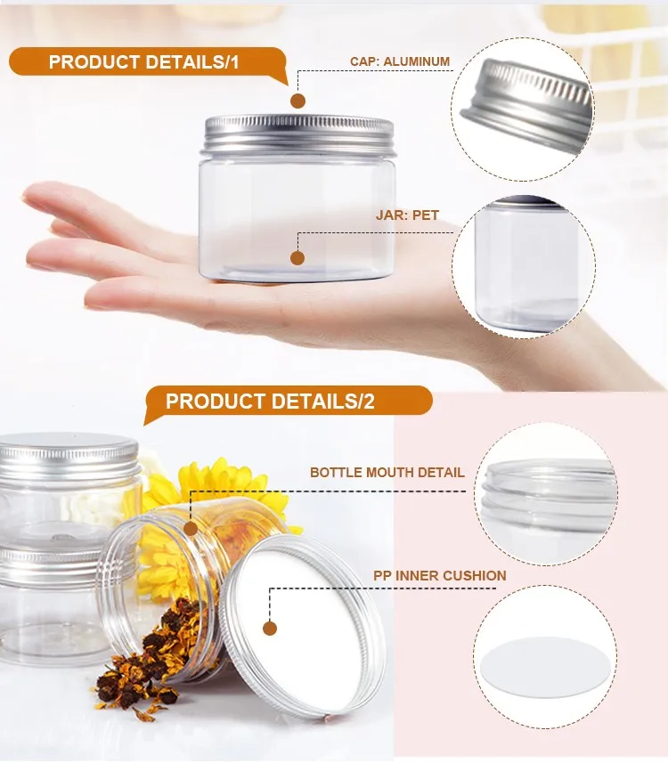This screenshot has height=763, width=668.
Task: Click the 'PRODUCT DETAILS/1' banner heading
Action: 144,62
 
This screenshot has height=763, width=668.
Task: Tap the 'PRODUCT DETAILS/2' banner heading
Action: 270,401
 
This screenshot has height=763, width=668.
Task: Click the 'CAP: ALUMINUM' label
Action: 400,61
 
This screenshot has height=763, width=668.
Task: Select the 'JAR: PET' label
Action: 407,215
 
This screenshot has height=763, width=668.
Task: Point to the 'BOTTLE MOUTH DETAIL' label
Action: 387,473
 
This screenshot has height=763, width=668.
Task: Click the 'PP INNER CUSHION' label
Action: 440,576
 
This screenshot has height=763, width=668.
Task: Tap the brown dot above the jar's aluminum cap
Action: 298,101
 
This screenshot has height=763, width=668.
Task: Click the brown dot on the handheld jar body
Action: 297,258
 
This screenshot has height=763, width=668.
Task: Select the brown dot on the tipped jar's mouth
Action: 191,529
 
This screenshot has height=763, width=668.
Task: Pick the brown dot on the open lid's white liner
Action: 270,628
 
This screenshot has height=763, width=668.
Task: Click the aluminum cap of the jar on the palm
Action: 298,134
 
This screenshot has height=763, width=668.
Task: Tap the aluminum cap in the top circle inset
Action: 525,105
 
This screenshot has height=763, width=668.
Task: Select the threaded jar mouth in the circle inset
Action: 548,494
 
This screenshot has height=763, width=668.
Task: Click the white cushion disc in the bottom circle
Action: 544,662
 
